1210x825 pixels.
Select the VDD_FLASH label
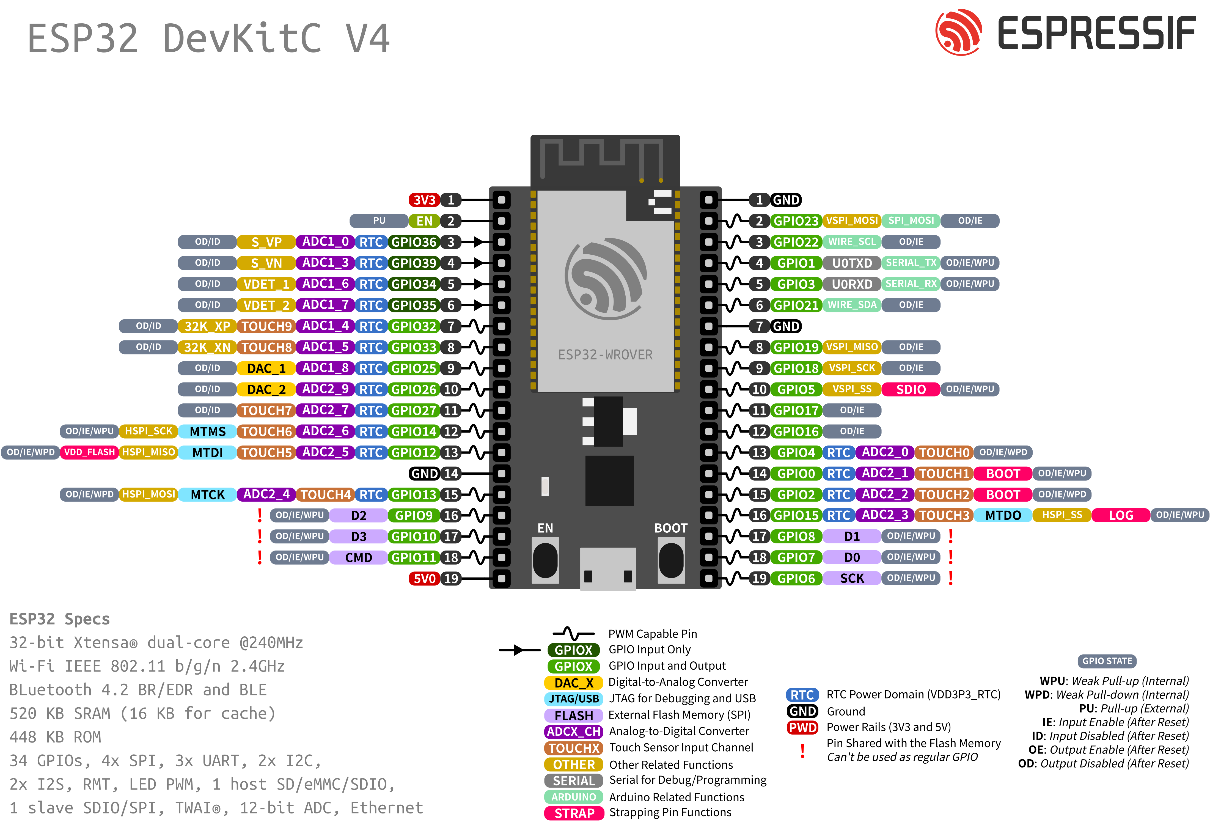89,452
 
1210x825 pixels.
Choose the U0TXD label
852,263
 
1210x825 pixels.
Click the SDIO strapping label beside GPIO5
911,389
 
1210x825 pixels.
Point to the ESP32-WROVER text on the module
605,355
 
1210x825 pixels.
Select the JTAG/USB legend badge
573,698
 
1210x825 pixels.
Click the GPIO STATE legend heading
1107,661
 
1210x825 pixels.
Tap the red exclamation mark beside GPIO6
951,578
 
